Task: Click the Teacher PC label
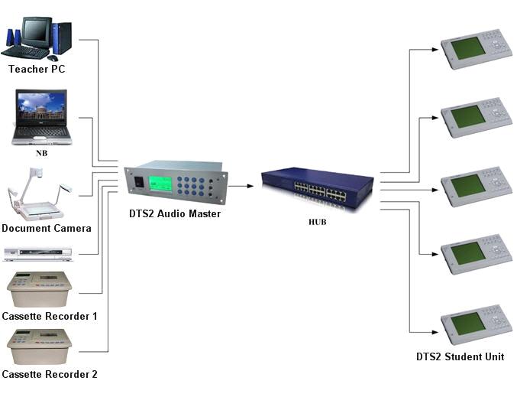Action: click(37, 70)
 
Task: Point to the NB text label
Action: click(42, 153)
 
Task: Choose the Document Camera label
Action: click(47, 228)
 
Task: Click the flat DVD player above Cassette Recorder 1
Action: click(38, 254)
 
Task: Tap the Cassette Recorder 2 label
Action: click(50, 374)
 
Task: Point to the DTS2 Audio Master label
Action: click(175, 214)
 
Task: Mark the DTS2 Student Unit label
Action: click(460, 357)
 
